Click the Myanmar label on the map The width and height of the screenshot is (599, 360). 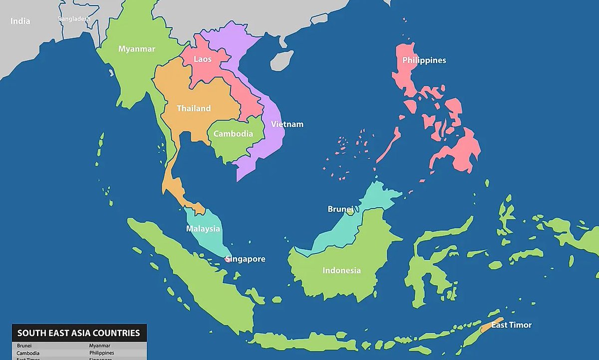(x=136, y=49)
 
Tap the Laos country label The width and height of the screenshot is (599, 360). (x=203, y=59)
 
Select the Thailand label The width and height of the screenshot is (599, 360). (x=194, y=108)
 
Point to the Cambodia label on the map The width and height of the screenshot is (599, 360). (x=233, y=134)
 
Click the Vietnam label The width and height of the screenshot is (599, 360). (x=287, y=124)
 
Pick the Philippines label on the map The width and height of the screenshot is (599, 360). (x=424, y=60)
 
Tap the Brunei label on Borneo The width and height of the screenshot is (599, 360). (x=340, y=209)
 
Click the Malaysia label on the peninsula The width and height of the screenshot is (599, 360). (x=203, y=229)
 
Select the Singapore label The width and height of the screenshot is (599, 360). (x=245, y=259)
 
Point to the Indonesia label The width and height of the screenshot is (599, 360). (x=341, y=271)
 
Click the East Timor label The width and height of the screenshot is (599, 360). (x=511, y=325)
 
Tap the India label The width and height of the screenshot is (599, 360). (x=20, y=21)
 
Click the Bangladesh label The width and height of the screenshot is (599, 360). (x=74, y=19)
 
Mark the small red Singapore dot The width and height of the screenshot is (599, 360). (x=228, y=260)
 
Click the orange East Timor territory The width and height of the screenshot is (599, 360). (x=488, y=326)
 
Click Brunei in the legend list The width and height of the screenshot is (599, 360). (x=23, y=346)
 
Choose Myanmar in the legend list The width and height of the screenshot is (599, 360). (x=100, y=346)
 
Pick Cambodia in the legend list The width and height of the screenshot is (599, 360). (x=28, y=353)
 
